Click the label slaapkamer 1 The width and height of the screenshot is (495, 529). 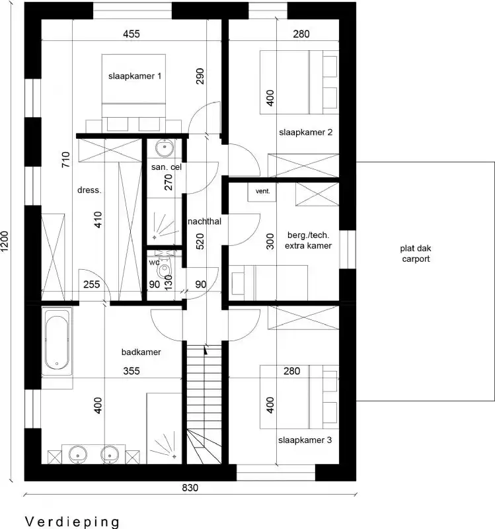coord(135,77)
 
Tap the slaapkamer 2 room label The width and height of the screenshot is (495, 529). coord(305,132)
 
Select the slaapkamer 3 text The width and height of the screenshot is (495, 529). coord(305,440)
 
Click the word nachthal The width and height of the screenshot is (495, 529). coord(204,222)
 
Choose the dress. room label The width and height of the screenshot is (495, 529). coord(89,190)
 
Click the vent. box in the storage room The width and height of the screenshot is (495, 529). coord(263,191)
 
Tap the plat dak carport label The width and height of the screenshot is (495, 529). coord(415,254)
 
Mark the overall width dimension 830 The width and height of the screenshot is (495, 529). coord(190,489)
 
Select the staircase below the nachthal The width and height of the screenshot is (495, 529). coord(203,403)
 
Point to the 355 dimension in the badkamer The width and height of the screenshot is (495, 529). coord(132,372)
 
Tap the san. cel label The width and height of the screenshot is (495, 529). coord(166,167)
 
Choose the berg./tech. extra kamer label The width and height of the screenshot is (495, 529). coord(308,240)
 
